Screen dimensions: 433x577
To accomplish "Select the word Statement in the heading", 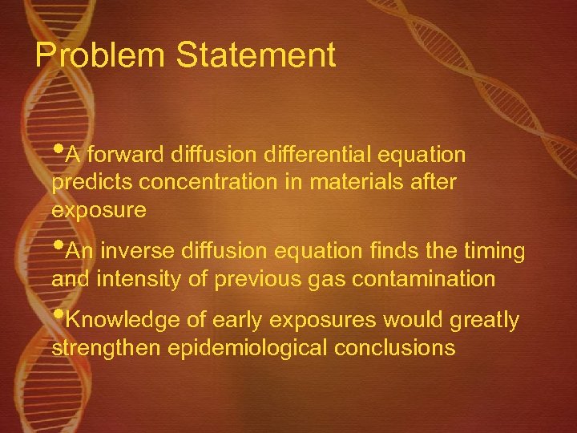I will point(256,56).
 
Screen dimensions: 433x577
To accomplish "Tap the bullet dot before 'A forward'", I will point(58,148).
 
